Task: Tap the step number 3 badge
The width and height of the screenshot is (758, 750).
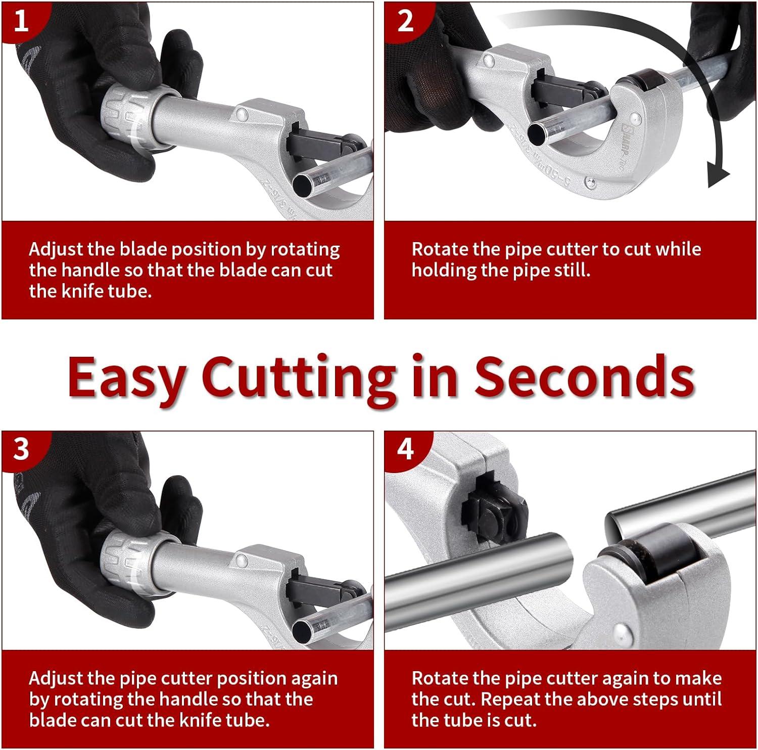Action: pyautogui.click(x=21, y=449)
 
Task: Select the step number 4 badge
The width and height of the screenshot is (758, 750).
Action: pyautogui.click(x=405, y=449)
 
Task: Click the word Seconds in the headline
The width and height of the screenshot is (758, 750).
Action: pyautogui.click(x=584, y=377)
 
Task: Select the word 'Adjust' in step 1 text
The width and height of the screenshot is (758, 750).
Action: pyautogui.click(x=56, y=250)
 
